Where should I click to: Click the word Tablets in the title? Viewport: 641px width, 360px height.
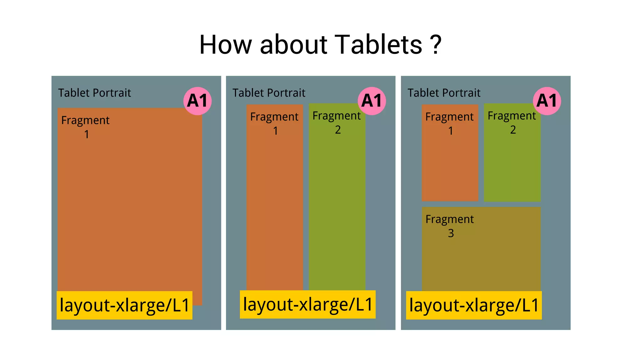coord(378,44)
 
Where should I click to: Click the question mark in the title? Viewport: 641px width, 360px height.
coord(435,44)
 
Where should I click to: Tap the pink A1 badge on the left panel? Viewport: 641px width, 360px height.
coord(197,101)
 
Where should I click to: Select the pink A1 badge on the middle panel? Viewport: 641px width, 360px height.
coord(372,101)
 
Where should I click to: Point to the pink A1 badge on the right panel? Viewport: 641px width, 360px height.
coord(546,101)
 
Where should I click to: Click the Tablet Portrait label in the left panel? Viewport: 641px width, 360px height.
coord(94,93)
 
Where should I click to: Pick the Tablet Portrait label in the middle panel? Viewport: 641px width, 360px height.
coord(269,93)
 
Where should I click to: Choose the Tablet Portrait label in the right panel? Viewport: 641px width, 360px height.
coord(444,93)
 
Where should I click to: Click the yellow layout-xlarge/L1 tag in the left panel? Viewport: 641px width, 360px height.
coord(124,305)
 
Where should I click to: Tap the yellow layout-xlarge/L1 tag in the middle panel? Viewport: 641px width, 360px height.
coord(307,304)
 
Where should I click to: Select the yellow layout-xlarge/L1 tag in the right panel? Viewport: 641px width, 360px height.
coord(474,305)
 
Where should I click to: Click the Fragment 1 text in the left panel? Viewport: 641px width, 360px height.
coord(85,127)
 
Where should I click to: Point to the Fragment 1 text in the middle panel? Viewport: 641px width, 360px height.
coord(274,124)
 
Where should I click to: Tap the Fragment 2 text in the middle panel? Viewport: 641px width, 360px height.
coord(336,123)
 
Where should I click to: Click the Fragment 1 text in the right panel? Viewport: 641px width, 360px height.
coord(449,124)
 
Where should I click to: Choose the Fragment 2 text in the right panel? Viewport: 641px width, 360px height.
coord(512,123)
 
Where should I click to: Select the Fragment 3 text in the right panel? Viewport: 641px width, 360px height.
coord(450,226)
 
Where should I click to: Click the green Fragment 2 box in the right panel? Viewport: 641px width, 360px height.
coord(512,169)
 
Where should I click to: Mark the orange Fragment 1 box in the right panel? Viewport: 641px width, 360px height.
coord(450,169)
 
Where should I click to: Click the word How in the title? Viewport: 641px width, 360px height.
coord(225,44)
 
